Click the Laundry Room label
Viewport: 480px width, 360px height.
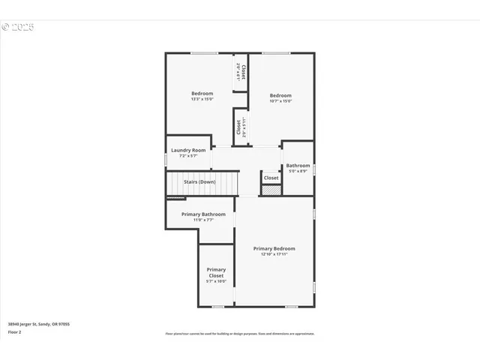pyautogui.click(x=188, y=150)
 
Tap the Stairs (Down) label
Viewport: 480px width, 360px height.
pyautogui.click(x=200, y=182)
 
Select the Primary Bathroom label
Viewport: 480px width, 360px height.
pyautogui.click(x=203, y=214)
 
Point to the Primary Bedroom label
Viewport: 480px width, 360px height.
pyautogui.click(x=274, y=248)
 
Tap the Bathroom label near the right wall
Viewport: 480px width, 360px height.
pyautogui.click(x=298, y=165)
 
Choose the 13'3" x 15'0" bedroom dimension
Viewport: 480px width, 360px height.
pyautogui.click(x=202, y=99)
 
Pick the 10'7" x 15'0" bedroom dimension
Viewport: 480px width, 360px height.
pyautogui.click(x=280, y=100)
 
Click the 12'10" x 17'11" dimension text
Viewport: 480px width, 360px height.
pyautogui.click(x=274, y=254)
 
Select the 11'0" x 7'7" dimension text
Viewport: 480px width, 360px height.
pyautogui.click(x=203, y=220)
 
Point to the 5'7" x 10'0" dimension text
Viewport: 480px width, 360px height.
pyautogui.click(x=216, y=281)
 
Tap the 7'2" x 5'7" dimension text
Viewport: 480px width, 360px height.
pyautogui.click(x=188, y=156)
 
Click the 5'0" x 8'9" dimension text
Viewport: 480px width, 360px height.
pyautogui.click(x=298, y=171)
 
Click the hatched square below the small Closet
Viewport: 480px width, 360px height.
pyautogui.click(x=271, y=190)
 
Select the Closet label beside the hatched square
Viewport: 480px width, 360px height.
pyautogui.click(x=271, y=178)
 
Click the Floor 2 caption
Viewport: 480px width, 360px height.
pyautogui.click(x=15, y=331)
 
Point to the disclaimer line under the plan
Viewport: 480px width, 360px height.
pyautogui.click(x=240, y=334)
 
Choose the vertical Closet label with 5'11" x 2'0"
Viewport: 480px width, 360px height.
pyautogui.click(x=239, y=128)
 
